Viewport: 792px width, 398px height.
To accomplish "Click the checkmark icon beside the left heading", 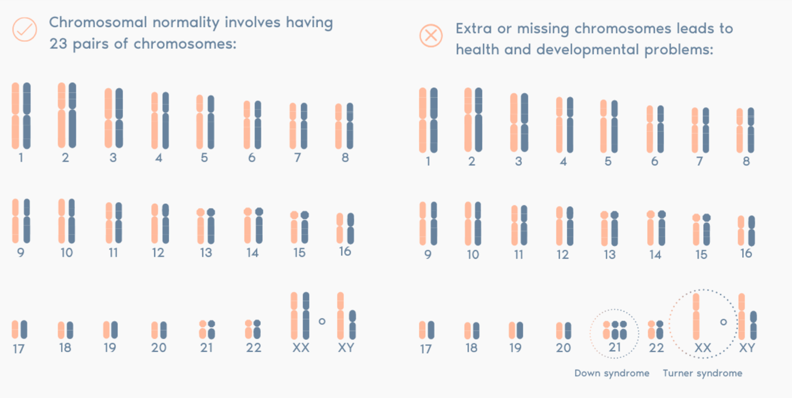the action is click(24, 29).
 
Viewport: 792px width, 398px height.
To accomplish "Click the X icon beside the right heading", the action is click(430, 36).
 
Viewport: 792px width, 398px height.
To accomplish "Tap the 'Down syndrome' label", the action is click(612, 373).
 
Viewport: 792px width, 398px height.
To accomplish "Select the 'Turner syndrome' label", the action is click(703, 373).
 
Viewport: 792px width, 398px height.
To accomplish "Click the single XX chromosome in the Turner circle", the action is click(696, 316).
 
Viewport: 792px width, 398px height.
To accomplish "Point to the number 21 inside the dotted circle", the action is click(615, 347).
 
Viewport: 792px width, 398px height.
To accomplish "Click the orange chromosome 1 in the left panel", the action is click(15, 115).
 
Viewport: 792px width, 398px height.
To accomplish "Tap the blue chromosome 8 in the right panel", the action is click(751, 130).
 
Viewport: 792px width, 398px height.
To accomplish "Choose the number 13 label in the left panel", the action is click(206, 253).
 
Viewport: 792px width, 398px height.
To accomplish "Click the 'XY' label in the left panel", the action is click(346, 347).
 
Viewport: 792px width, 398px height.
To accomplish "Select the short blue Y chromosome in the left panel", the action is click(353, 325).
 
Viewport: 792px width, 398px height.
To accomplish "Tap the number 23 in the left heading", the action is click(58, 44).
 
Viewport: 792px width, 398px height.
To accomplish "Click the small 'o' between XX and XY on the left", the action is click(322, 321).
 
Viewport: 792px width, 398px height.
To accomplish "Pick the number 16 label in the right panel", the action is click(746, 253).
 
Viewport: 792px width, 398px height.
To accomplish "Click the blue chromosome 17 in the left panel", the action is click(24, 329).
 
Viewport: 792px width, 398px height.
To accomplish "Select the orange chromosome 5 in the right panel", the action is click(603, 127).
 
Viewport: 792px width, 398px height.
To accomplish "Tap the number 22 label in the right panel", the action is click(656, 347).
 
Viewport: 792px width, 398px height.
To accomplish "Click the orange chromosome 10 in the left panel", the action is click(62, 221).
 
